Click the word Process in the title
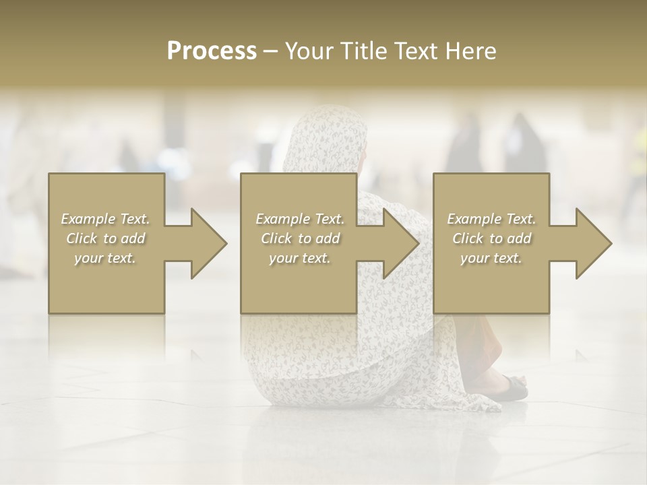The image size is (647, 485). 212,51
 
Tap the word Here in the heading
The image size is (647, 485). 470,51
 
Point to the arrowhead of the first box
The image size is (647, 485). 205,243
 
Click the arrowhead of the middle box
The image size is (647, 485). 397,243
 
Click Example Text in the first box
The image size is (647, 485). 106,219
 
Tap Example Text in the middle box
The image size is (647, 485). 300,219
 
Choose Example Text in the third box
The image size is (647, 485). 491,219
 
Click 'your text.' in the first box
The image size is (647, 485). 105,258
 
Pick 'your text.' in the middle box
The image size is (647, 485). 300,258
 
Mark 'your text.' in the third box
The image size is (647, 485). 491,258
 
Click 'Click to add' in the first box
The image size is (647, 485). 106,238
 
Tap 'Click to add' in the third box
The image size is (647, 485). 491,238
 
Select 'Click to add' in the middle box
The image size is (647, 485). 300,238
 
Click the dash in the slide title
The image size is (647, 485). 271,52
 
